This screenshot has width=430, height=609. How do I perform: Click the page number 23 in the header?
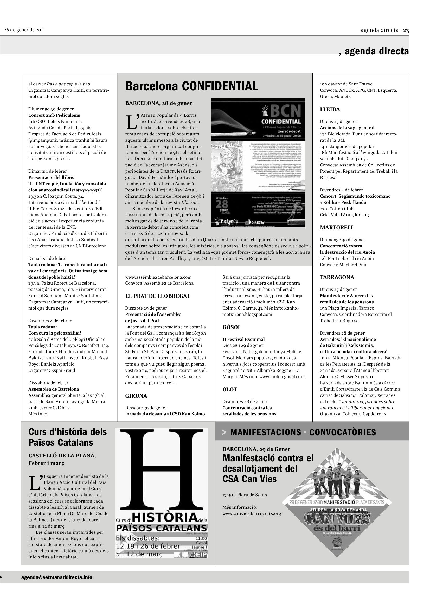pyautogui.click(x=406, y=30)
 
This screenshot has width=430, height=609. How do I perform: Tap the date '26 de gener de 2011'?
pyautogui.click(x=25, y=30)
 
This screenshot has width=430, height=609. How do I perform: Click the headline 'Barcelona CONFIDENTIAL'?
pyautogui.click(x=191, y=86)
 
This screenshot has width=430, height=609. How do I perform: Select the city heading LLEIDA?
pyautogui.click(x=330, y=109)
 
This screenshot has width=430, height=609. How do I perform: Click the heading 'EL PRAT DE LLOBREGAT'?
pyautogui.click(x=158, y=296)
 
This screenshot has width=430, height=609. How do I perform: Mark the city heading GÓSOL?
pyautogui.click(x=232, y=327)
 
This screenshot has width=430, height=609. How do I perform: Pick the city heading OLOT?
pyautogui.click(x=230, y=389)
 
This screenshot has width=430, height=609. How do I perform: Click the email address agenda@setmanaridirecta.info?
pyautogui.click(x=57, y=577)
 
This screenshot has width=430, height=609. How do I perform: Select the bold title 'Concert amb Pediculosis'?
pyautogui.click(x=54, y=115)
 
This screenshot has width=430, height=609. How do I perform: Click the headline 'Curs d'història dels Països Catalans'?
pyautogui.click(x=68, y=437)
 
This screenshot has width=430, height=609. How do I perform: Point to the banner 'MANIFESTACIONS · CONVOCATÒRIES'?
pyautogui.click(x=303, y=432)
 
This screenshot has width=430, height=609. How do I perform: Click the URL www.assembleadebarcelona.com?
pyautogui.click(x=158, y=277)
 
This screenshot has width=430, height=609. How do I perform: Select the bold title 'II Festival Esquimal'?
pyautogui.click(x=243, y=339)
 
